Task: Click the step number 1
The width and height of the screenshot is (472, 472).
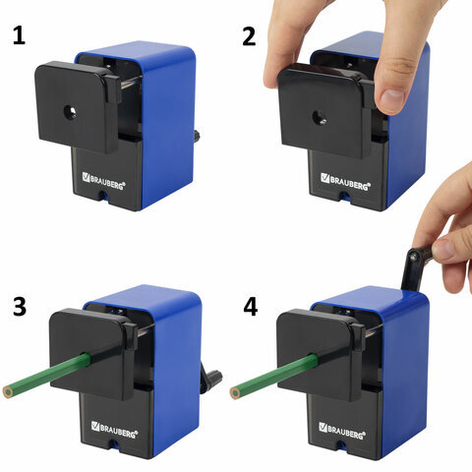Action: [x=20, y=36]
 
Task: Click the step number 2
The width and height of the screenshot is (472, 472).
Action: [x=249, y=36]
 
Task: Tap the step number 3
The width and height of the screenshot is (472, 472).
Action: [x=20, y=307]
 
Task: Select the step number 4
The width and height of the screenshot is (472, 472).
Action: [x=251, y=307]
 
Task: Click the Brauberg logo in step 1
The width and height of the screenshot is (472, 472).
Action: [x=104, y=181]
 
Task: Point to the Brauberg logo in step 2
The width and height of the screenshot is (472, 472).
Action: [x=345, y=181]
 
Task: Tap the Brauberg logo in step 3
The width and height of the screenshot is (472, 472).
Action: [x=114, y=430]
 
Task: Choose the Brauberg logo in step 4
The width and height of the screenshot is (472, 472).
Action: [x=342, y=431]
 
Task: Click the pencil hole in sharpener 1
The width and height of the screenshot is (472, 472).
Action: [x=70, y=113]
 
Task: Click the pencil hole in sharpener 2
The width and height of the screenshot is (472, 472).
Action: [x=319, y=118]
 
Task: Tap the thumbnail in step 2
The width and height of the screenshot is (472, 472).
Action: [x=392, y=96]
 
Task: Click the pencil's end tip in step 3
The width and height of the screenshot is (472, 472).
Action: [x=8, y=392]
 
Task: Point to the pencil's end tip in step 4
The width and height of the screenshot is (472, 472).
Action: [x=235, y=393]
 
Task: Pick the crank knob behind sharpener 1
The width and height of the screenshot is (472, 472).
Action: [x=198, y=136]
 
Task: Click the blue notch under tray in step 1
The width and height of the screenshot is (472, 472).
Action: [x=104, y=196]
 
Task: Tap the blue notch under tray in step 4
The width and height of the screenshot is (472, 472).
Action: [x=342, y=444]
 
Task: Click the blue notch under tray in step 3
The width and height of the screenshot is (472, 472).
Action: [x=114, y=443]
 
